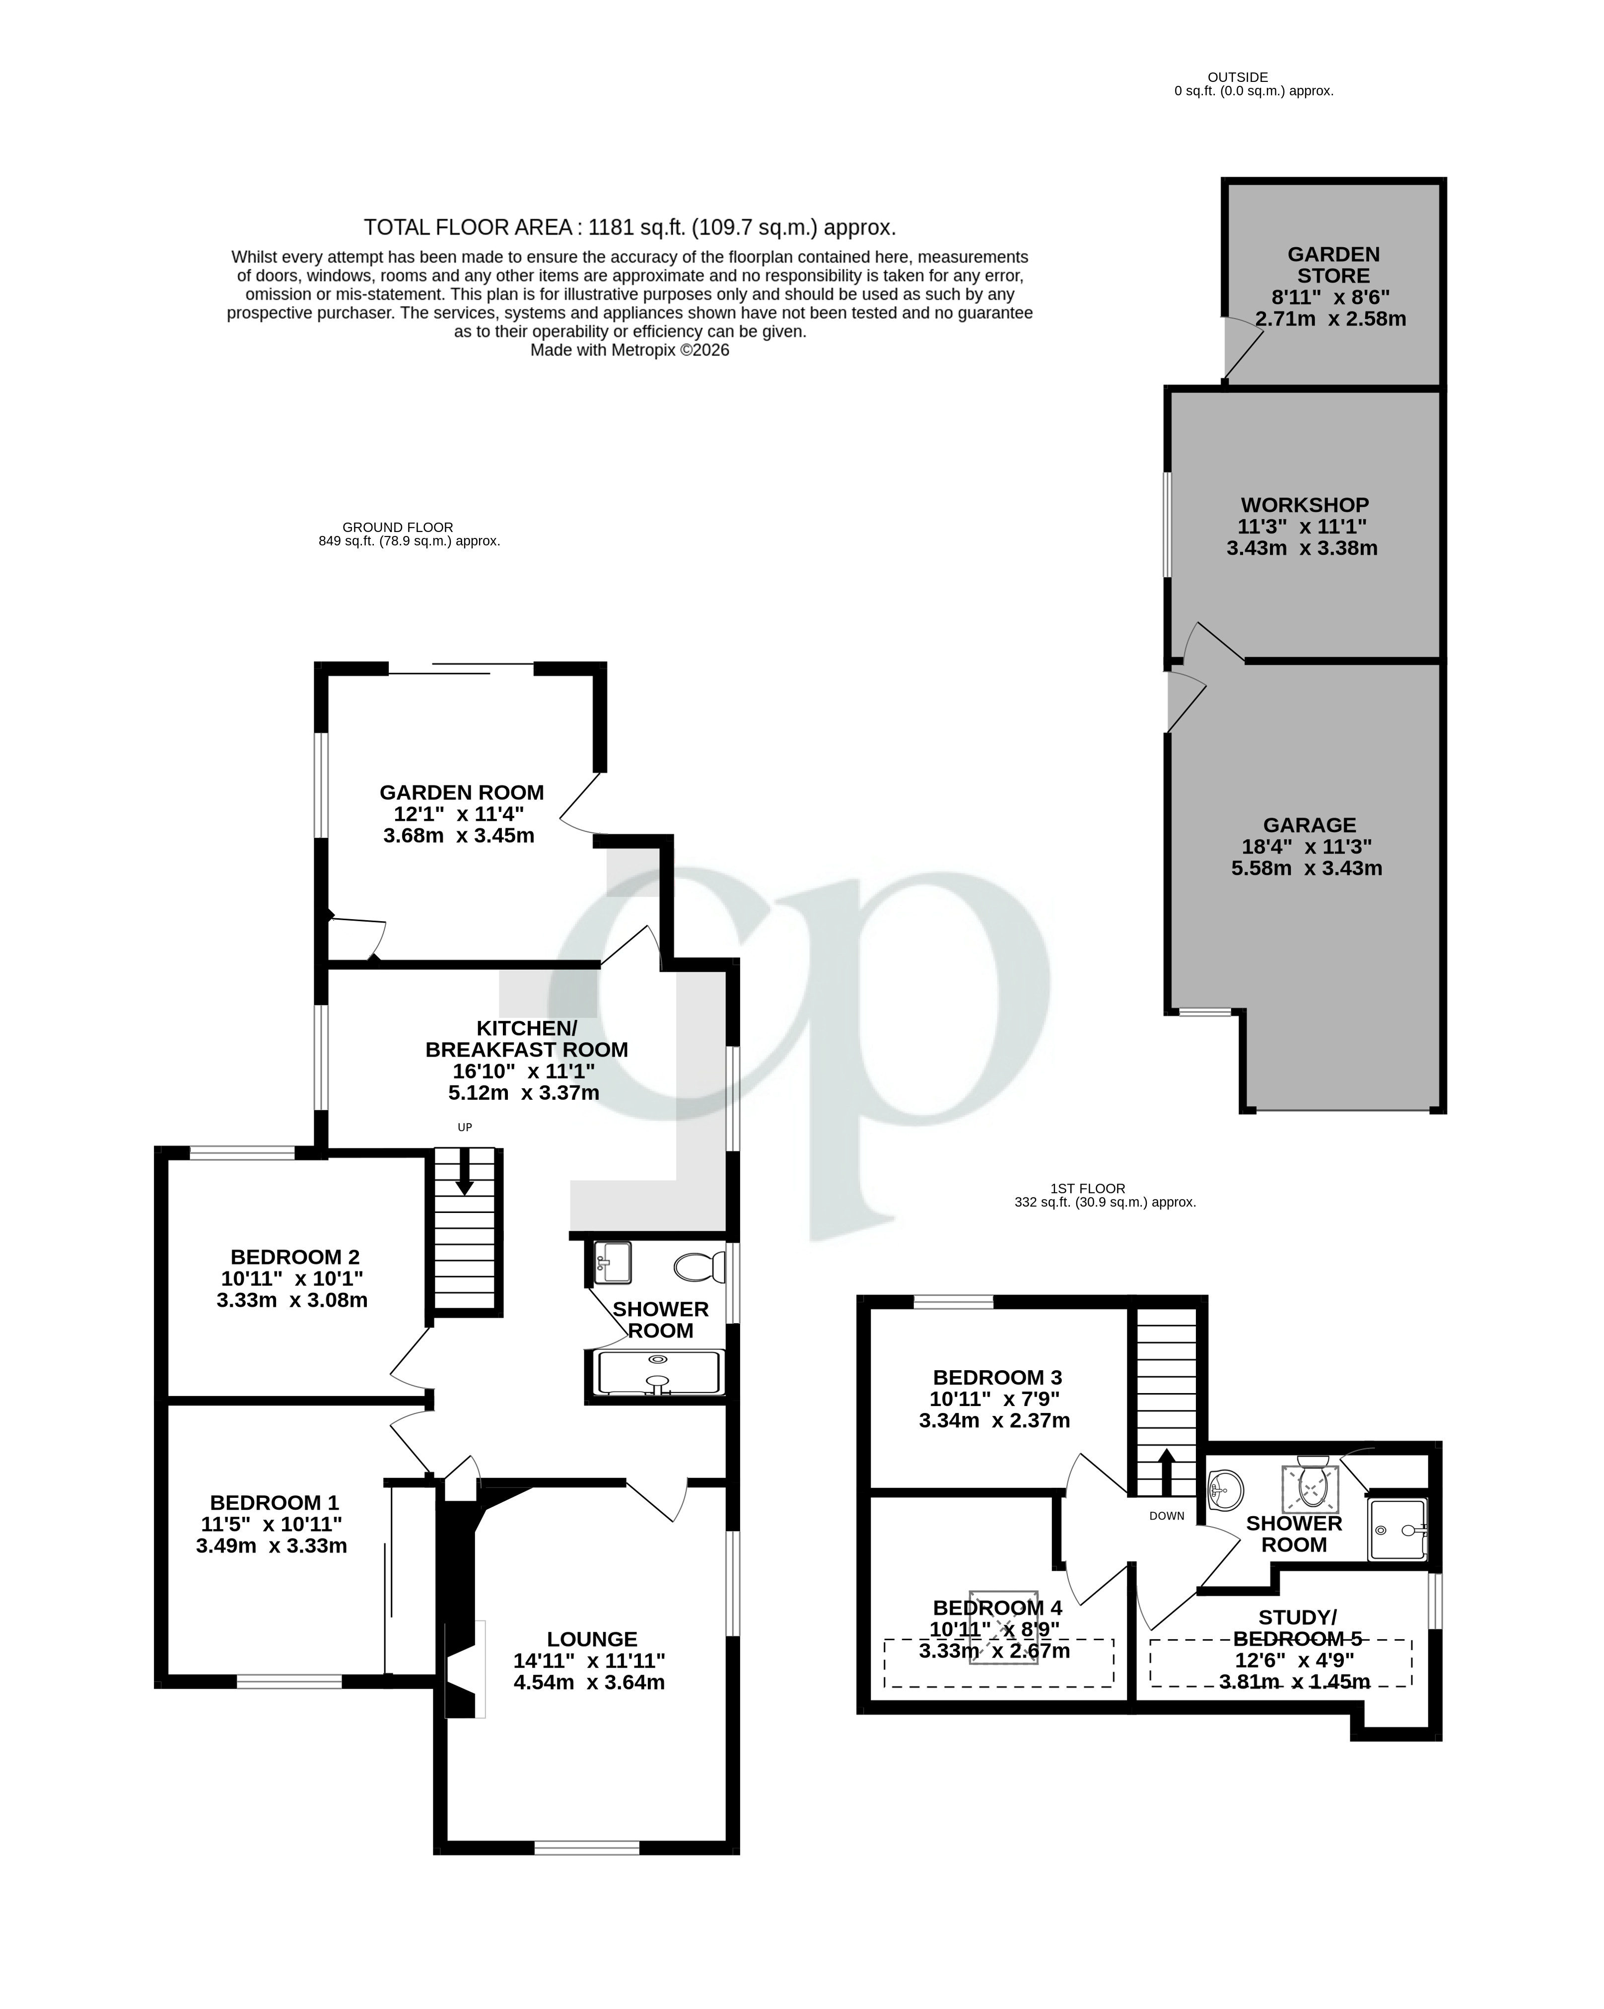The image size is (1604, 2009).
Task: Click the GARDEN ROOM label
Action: pos(461,792)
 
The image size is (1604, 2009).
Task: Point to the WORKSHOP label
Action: pos(1304,505)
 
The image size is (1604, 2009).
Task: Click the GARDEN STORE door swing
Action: pos(1244,349)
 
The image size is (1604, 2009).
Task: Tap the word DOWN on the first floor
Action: pos(1166,1516)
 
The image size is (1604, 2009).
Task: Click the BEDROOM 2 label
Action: pos(294,1257)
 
